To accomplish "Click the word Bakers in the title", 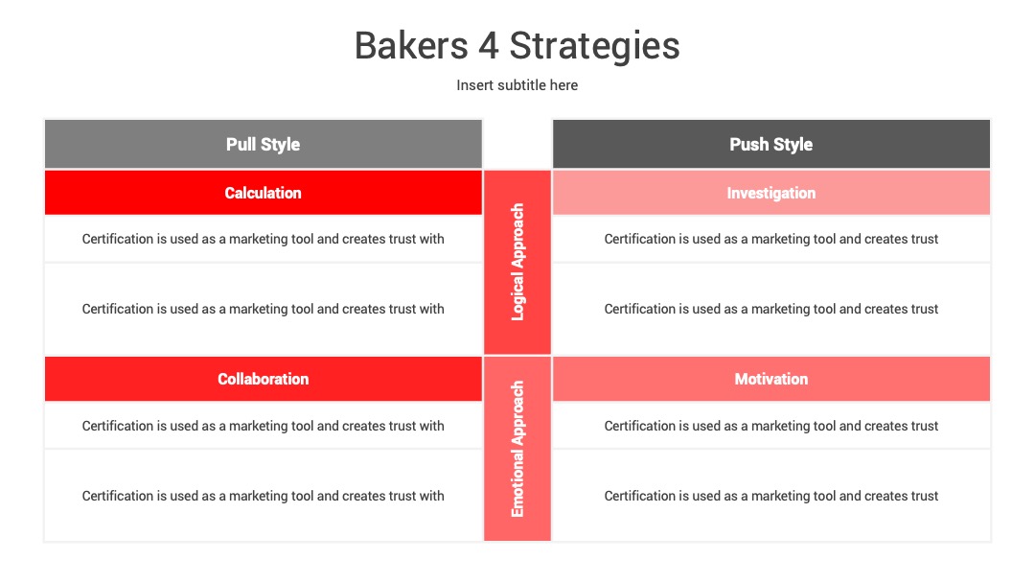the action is [x=411, y=46].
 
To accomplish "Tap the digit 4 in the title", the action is [x=489, y=46].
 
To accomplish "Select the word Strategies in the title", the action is [x=594, y=47].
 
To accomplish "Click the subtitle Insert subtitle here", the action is [x=517, y=85].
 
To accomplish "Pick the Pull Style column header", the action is [x=263, y=144].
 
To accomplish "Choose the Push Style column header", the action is [x=770, y=144].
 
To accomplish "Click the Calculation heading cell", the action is [x=263, y=193].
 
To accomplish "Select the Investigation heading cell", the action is [x=770, y=193].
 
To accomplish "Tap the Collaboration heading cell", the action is [x=263, y=379].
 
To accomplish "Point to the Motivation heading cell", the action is [x=770, y=379].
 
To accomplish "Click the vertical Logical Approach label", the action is [x=517, y=262].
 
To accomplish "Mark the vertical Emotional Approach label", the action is [x=517, y=449].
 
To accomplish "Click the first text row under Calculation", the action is [x=263, y=239].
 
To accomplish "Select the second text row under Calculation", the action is [x=263, y=309].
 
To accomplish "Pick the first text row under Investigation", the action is [x=770, y=239].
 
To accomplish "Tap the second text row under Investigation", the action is [x=770, y=309].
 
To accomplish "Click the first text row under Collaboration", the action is [x=263, y=426].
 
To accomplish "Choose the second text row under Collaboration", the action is [x=263, y=496].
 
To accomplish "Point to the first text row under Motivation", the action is [x=770, y=426].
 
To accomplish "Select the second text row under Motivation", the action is [x=770, y=496].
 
